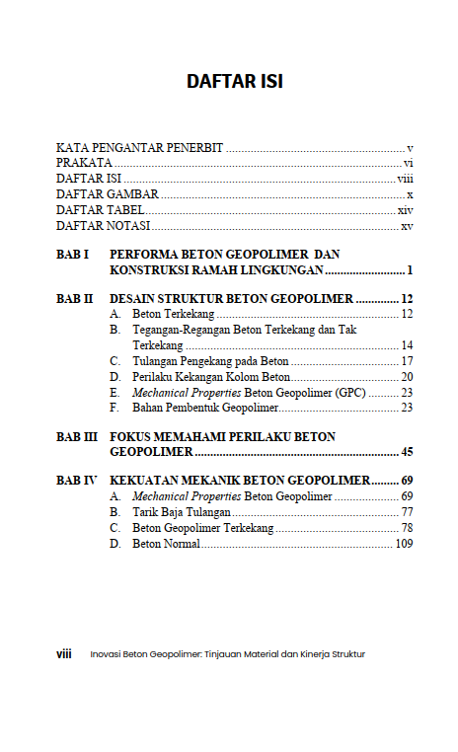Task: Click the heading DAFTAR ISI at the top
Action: pyautogui.click(x=235, y=82)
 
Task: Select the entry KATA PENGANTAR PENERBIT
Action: pyautogui.click(x=140, y=147)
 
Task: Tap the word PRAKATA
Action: pyautogui.click(x=84, y=163)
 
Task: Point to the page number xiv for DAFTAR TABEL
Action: pyautogui.click(x=405, y=210)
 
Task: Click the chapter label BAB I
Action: pyautogui.click(x=73, y=254)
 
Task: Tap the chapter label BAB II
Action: pyautogui.click(x=74, y=298)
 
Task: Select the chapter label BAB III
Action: pyautogui.click(x=77, y=436)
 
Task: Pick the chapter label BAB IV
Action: pyautogui.click(x=77, y=481)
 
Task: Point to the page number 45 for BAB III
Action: pyautogui.click(x=405, y=452)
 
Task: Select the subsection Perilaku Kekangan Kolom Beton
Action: pyautogui.click(x=211, y=376)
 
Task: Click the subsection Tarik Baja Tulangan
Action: pyautogui.click(x=182, y=512)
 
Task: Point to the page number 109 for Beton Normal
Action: pyautogui.click(x=403, y=544)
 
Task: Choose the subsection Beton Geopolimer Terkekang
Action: pyautogui.click(x=202, y=528)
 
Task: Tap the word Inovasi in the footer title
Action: pyautogui.click(x=106, y=653)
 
